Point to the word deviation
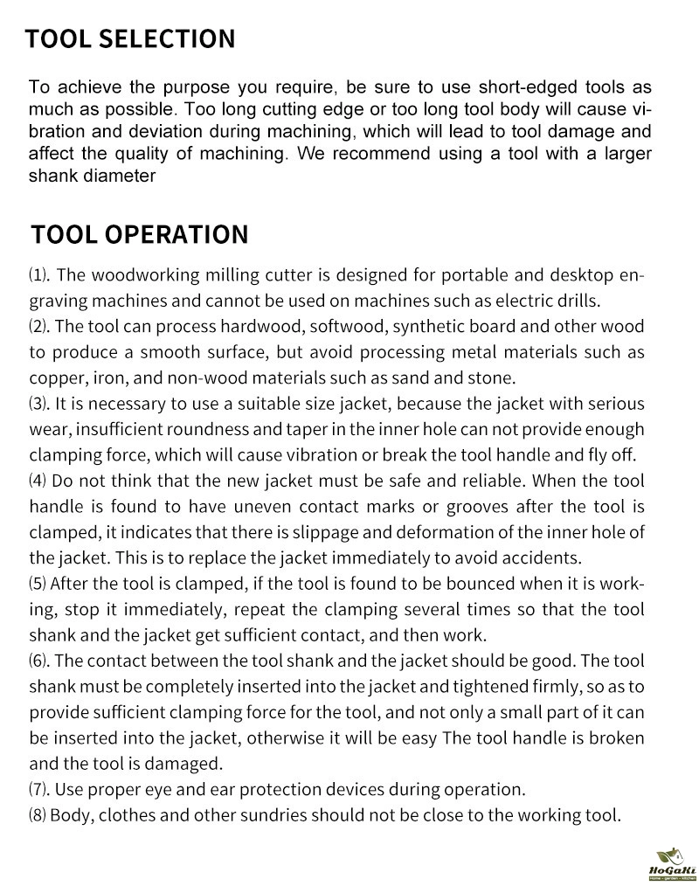click(160, 133)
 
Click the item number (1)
click(39, 276)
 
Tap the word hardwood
click(234, 327)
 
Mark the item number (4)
click(38, 481)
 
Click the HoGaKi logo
click(671, 865)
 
